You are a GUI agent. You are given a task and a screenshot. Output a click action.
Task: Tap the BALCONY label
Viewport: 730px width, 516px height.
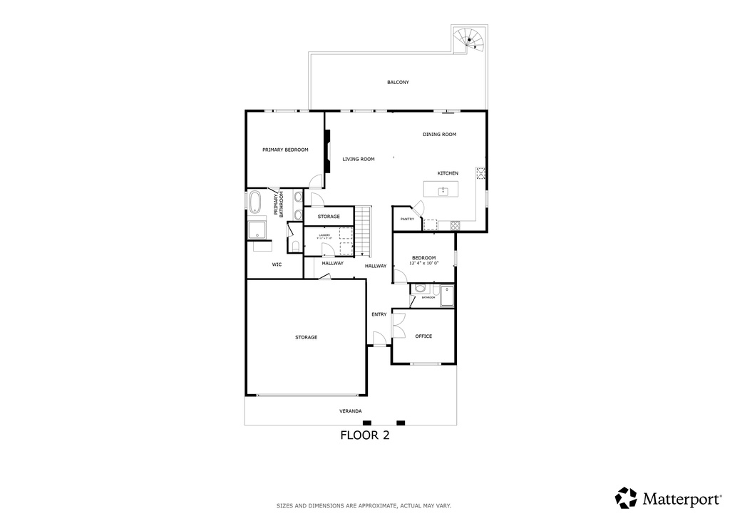tap(398, 83)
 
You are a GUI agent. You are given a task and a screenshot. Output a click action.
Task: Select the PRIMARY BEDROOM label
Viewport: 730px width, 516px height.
tap(285, 150)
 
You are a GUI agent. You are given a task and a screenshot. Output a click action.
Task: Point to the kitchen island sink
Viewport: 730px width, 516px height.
tap(443, 190)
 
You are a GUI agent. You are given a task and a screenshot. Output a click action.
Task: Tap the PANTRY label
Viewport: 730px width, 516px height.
tap(407, 220)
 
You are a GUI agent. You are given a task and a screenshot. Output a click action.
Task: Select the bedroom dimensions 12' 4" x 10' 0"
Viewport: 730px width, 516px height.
tap(423, 263)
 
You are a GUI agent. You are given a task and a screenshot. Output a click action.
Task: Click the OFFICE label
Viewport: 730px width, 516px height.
tap(423, 336)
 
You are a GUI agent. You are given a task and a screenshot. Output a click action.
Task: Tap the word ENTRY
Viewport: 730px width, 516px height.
tap(379, 314)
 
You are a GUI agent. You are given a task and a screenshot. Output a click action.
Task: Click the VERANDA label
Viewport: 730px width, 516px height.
tap(350, 411)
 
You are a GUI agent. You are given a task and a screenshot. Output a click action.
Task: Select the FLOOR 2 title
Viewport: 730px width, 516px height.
tap(364, 435)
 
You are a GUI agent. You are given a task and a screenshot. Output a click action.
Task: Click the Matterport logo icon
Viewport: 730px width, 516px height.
tap(626, 497)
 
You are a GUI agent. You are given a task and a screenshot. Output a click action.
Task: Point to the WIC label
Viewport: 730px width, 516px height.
tap(277, 264)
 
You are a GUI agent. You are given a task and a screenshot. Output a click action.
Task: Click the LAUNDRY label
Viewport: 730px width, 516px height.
tap(324, 234)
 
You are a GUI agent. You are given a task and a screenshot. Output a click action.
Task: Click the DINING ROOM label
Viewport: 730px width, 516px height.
tap(439, 135)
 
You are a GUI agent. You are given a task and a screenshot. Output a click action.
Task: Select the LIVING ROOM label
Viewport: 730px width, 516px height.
tap(358, 160)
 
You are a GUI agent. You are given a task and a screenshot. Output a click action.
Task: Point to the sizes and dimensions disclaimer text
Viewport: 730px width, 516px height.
tap(364, 505)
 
